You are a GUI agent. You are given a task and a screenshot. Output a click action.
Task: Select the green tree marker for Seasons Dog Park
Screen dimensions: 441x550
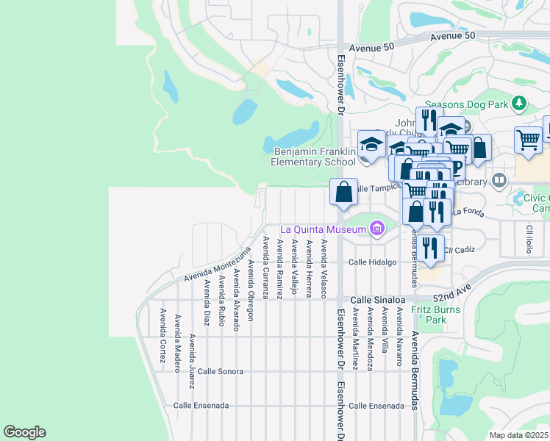click(x=520, y=102)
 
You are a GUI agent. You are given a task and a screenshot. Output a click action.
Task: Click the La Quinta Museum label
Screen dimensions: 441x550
click(x=322, y=230)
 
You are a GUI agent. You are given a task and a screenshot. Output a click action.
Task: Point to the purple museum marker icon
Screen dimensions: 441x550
click(x=377, y=229)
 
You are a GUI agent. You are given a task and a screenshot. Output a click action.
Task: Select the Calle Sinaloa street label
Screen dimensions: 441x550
click(x=377, y=300)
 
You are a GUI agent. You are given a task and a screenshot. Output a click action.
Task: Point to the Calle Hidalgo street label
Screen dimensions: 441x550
click(x=372, y=262)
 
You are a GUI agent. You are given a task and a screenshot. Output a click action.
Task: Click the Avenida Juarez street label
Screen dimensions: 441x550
click(x=192, y=351)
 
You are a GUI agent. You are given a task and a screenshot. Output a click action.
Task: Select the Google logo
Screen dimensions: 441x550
click(x=24, y=432)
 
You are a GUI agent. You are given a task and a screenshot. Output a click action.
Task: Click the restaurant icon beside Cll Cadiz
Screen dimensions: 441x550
click(x=432, y=248)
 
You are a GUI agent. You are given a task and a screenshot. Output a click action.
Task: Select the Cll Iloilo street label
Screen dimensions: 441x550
click(x=528, y=240)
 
